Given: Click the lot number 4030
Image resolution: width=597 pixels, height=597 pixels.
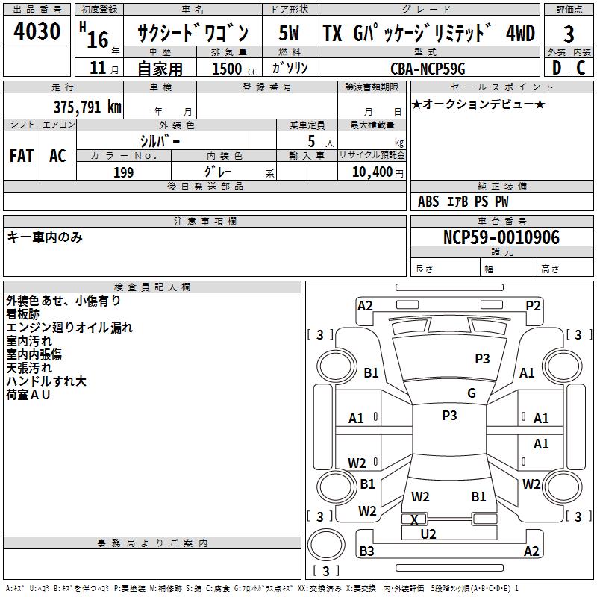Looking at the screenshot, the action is click(37, 33).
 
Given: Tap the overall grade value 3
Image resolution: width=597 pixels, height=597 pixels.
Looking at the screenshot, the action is click(569, 34).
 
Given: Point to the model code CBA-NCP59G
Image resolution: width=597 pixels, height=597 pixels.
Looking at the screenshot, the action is click(428, 69).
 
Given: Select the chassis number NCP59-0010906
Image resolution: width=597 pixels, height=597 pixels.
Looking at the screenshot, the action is click(501, 237).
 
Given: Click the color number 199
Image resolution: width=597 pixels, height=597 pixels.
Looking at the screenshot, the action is click(123, 172).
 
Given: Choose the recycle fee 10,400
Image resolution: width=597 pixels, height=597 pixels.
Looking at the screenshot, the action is click(376, 172).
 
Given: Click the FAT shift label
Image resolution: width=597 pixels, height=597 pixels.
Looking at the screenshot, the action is click(22, 156).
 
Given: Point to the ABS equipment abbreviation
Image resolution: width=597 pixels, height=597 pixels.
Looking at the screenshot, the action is click(428, 201).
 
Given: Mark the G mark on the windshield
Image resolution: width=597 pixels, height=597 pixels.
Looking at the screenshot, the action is click(471, 393).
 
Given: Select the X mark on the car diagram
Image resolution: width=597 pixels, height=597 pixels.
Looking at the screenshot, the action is click(415, 519).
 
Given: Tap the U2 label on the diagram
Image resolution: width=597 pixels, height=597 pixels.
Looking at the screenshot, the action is click(428, 534).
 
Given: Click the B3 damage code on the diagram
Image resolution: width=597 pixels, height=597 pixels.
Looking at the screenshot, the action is click(366, 551).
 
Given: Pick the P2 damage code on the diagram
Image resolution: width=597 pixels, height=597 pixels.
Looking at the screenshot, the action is click(533, 305).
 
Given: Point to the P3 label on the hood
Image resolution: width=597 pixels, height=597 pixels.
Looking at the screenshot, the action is click(482, 358).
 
